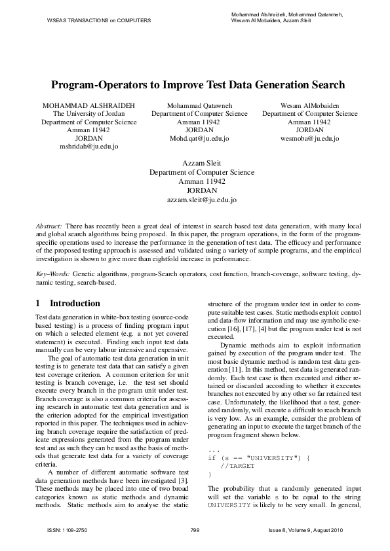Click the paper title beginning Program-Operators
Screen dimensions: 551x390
[198, 85]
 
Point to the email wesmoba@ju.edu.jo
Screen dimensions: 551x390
[309, 139]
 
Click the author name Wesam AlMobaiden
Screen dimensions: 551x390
[309, 105]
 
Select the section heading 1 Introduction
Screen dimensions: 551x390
[68, 304]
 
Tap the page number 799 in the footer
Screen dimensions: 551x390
[195, 529]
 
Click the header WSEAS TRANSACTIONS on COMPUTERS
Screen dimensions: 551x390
[99, 20]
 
